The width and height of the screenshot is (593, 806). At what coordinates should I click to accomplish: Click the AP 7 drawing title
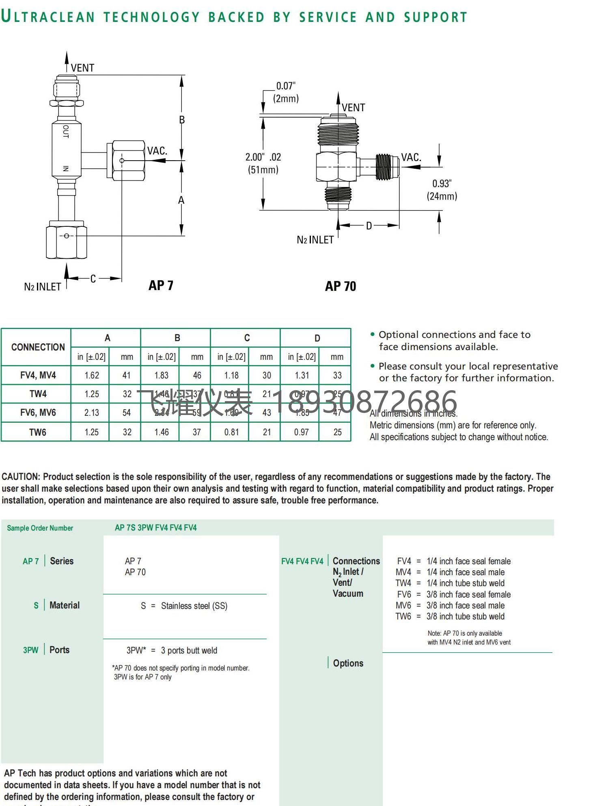pyautogui.click(x=161, y=286)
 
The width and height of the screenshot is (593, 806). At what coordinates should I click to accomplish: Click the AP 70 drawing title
pyautogui.click(x=340, y=286)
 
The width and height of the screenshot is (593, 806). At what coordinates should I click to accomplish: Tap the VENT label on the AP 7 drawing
pyautogui.click(x=82, y=68)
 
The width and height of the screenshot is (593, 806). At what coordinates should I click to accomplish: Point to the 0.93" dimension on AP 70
pyautogui.click(x=442, y=184)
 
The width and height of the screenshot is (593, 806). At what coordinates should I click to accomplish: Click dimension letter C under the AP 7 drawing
pyautogui.click(x=93, y=279)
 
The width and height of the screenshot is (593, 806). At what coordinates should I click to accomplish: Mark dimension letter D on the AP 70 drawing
pyautogui.click(x=369, y=226)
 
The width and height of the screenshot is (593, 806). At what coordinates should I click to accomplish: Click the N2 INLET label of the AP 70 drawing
pyautogui.click(x=315, y=240)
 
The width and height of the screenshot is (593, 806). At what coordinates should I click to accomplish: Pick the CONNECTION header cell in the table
pyautogui.click(x=38, y=347)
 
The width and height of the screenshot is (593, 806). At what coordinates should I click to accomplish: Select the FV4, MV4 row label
pyautogui.click(x=38, y=375)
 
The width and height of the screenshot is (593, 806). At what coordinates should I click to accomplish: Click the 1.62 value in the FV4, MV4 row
pyautogui.click(x=92, y=375)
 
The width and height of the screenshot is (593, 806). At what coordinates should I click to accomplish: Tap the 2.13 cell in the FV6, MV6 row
pyautogui.click(x=91, y=413)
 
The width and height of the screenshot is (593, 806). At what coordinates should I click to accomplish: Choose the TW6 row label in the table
pyautogui.click(x=38, y=432)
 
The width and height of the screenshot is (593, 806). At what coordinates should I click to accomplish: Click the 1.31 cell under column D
pyautogui.click(x=302, y=375)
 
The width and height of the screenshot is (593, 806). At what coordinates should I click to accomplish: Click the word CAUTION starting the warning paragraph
pyautogui.click(x=21, y=477)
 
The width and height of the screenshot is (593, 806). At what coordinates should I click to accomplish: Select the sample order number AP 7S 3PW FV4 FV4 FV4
pyautogui.click(x=155, y=528)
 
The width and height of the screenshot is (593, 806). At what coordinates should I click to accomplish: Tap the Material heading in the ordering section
pyautogui.click(x=65, y=605)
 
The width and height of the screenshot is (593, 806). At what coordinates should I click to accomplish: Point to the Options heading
pyautogui.click(x=348, y=663)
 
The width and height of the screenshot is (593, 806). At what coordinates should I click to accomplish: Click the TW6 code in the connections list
pyautogui.click(x=403, y=617)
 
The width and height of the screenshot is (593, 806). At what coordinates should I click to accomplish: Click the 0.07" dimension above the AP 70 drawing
pyautogui.click(x=286, y=86)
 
